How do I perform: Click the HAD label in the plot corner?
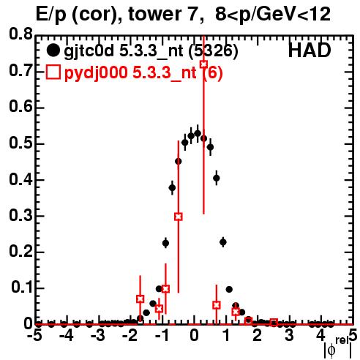[310, 50]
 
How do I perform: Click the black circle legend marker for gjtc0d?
[53, 50]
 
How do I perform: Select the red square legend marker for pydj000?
[53, 72]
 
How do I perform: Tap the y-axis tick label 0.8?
[21, 34]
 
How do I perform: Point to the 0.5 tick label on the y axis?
[21, 143]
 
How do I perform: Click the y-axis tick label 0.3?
[21, 216]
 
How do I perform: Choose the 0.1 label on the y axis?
[23, 288]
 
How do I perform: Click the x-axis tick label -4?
[67, 336]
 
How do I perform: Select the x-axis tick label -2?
[130, 336]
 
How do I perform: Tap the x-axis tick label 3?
[289, 336]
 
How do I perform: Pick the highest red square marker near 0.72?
[203, 64]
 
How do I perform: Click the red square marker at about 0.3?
[179, 217]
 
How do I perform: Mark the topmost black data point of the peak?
[198, 133]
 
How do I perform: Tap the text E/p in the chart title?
[51, 15]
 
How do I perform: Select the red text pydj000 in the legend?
[96, 72]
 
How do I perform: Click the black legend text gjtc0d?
[89, 51]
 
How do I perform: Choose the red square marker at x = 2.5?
[274, 323]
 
